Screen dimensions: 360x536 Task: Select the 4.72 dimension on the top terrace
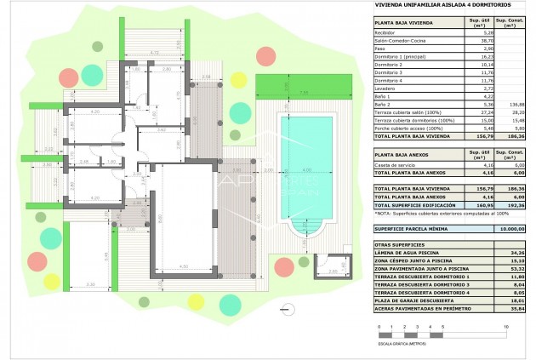click(x=154, y=53)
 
